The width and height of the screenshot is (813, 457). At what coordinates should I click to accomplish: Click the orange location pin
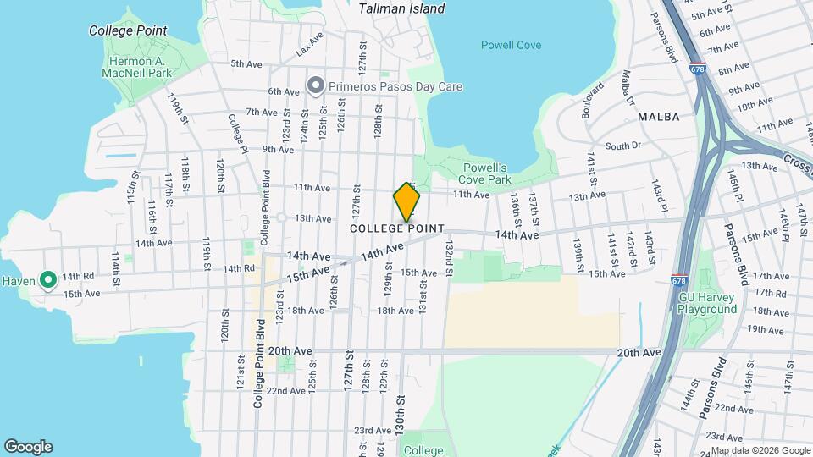407,202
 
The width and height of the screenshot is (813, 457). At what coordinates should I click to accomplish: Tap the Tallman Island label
401,8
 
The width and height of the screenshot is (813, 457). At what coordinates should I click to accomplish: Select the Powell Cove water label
511,45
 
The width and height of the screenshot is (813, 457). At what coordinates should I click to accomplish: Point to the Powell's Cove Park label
484,173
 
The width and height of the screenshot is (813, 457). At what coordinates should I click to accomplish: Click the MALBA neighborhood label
659,117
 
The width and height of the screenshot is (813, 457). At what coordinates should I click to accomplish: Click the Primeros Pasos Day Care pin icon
316,85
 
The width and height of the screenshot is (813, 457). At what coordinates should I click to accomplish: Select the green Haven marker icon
48,278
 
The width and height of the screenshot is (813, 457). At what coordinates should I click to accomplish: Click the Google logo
28,447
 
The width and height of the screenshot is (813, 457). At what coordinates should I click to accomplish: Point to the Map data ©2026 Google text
760,450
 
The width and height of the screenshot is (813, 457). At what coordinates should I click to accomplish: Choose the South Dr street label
623,146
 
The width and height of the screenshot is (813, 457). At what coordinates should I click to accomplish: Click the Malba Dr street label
628,84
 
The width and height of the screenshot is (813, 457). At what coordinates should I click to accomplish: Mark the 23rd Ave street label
372,430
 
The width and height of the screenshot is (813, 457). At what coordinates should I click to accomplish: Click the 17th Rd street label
770,292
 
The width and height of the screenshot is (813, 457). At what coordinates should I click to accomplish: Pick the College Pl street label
236,132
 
